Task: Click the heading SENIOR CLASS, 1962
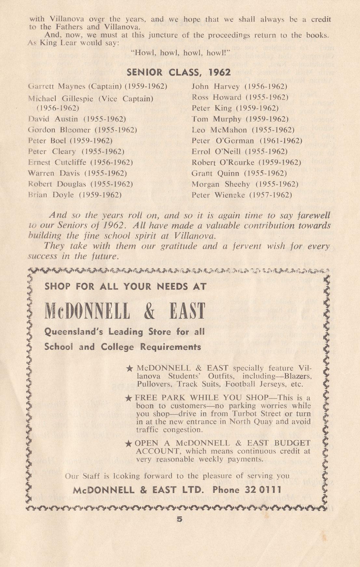point(180,72)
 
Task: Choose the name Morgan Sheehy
point(221,184)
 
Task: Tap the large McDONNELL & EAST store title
point(125,311)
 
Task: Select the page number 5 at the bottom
point(180,519)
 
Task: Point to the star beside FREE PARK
point(129,398)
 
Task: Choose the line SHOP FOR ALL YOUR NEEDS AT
point(126,287)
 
